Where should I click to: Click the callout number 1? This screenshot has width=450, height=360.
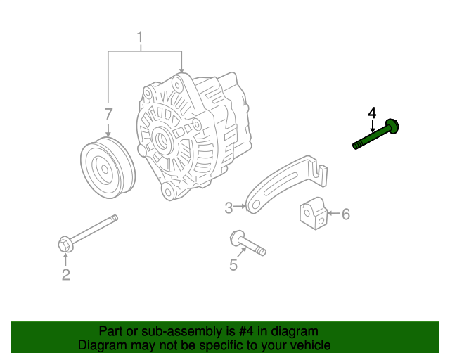(x=140, y=37)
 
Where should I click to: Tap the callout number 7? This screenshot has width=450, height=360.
(x=108, y=114)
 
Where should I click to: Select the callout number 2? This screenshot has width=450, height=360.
(x=65, y=275)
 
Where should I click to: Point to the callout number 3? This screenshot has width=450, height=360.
(x=229, y=207)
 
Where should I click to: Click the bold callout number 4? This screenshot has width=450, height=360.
(x=372, y=113)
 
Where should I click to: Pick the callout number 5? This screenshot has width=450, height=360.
(x=234, y=265)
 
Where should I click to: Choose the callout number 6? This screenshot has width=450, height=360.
(x=345, y=214)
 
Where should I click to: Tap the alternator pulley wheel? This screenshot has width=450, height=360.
(x=107, y=169)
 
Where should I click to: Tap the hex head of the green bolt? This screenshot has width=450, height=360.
(x=394, y=127)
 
